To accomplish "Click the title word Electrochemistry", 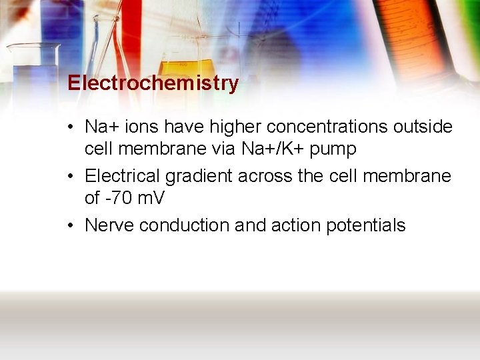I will [x=153, y=83].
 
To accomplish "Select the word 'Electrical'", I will [x=122, y=176].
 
